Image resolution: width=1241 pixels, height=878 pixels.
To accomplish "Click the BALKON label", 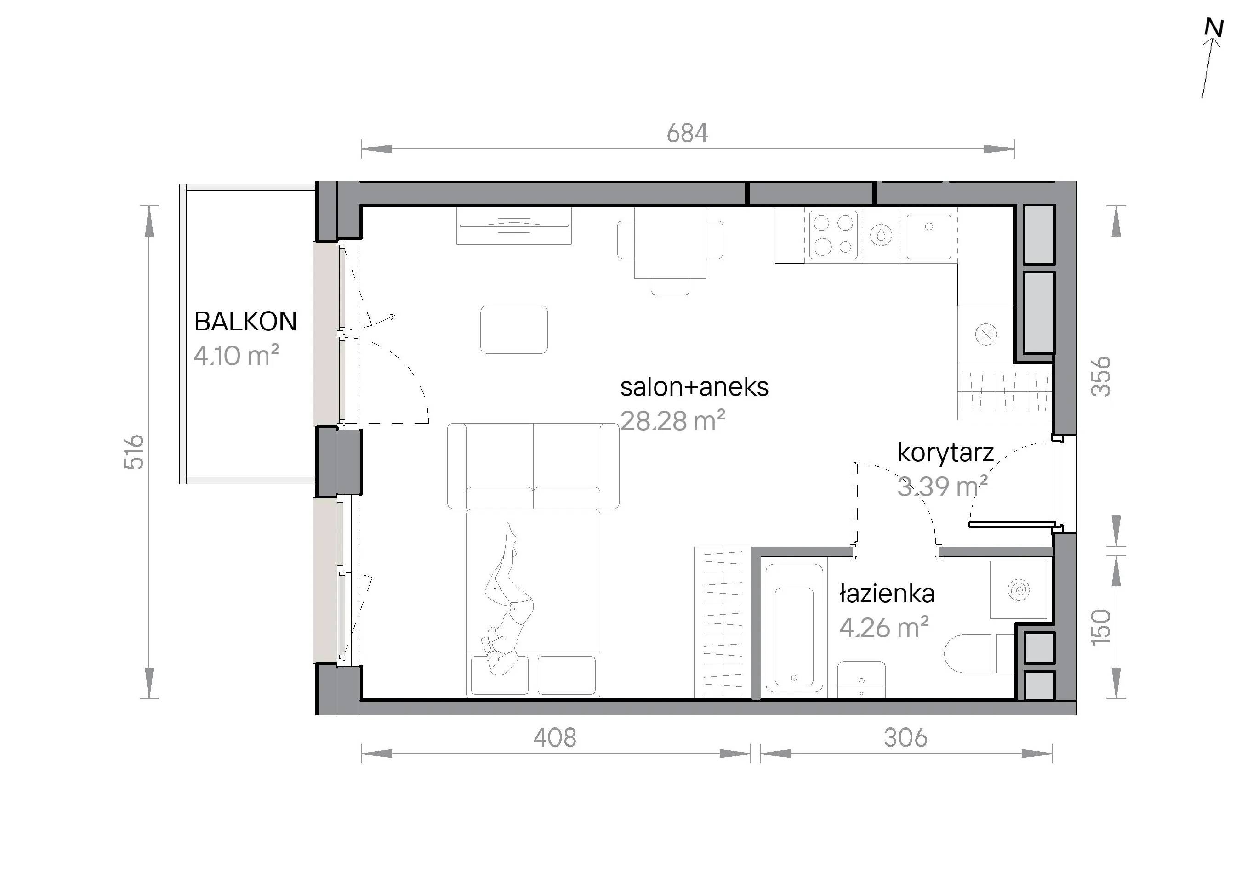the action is click(x=245, y=322).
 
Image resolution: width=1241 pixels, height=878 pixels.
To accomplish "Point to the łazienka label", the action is click(x=887, y=594).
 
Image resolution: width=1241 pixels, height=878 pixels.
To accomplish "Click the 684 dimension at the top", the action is click(x=687, y=133).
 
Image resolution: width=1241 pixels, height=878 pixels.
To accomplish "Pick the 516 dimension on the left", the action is click(x=134, y=452).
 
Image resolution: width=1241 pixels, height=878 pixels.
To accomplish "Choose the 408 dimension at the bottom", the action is click(x=555, y=737).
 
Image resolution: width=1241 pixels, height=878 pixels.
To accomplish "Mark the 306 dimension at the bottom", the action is click(x=906, y=737).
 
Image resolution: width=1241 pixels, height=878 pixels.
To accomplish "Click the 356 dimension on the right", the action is click(x=1101, y=377).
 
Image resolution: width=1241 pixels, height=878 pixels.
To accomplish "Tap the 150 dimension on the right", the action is click(x=1101, y=627).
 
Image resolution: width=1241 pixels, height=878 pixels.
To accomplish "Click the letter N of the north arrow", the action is click(x=1214, y=28).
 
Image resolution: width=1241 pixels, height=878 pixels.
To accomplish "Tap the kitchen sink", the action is click(x=928, y=236).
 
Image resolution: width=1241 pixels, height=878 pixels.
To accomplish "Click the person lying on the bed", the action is click(x=507, y=600).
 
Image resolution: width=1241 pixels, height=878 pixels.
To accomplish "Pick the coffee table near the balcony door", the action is click(x=514, y=329).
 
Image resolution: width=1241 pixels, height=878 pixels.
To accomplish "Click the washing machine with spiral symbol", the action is click(x=1019, y=589).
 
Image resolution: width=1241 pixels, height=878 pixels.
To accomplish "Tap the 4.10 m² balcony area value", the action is click(x=236, y=356).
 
